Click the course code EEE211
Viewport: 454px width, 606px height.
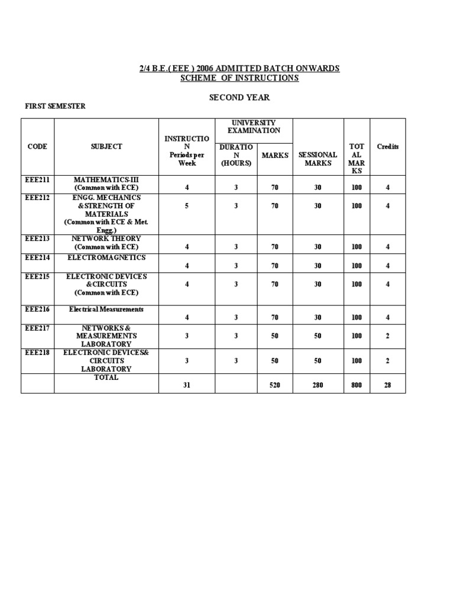37,179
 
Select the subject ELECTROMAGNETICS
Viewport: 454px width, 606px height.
106,258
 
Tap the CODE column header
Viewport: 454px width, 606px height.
37,147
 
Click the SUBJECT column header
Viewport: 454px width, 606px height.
106,147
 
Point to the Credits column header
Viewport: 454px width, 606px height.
388,147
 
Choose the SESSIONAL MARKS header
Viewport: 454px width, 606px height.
318,159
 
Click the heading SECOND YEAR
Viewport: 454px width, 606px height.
239,97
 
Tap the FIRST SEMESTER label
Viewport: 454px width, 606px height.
54,106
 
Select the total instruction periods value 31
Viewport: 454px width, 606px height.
187,385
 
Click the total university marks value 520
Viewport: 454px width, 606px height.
275,385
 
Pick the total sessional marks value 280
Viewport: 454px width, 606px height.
318,385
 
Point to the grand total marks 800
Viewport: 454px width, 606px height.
356,385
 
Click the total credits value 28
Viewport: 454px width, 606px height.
388,385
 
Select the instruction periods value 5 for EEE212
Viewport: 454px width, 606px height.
187,206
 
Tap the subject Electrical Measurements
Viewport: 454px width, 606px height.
106,310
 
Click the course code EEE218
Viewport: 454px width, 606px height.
37,352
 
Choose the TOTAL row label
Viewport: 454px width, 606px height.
106,377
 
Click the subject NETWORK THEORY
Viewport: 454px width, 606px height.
106,238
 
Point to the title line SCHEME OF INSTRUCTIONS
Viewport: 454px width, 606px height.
239,78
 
